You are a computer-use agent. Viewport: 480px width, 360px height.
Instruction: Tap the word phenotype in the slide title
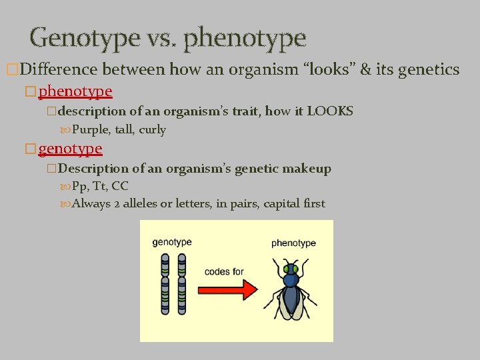[x=244, y=38]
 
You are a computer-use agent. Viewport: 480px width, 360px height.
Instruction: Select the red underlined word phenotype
[x=75, y=90]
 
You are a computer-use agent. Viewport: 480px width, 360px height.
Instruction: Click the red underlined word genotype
[x=70, y=148]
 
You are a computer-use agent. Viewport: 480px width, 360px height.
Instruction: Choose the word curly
[x=152, y=129]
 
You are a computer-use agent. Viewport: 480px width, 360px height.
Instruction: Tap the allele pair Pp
[x=80, y=186]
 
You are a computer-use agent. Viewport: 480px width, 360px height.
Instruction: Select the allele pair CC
[x=120, y=186]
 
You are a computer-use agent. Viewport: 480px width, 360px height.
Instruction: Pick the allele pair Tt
[x=99, y=186]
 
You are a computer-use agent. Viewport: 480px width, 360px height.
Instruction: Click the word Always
[x=91, y=203]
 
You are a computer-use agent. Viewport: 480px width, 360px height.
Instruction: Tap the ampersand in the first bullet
[x=365, y=69]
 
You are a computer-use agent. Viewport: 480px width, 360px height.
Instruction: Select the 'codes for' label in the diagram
[x=224, y=271]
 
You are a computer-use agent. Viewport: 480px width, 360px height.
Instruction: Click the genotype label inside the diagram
[x=173, y=242]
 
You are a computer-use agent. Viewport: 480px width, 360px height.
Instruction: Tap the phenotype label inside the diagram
[x=293, y=243]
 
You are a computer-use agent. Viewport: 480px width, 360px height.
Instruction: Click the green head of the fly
[x=289, y=269]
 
